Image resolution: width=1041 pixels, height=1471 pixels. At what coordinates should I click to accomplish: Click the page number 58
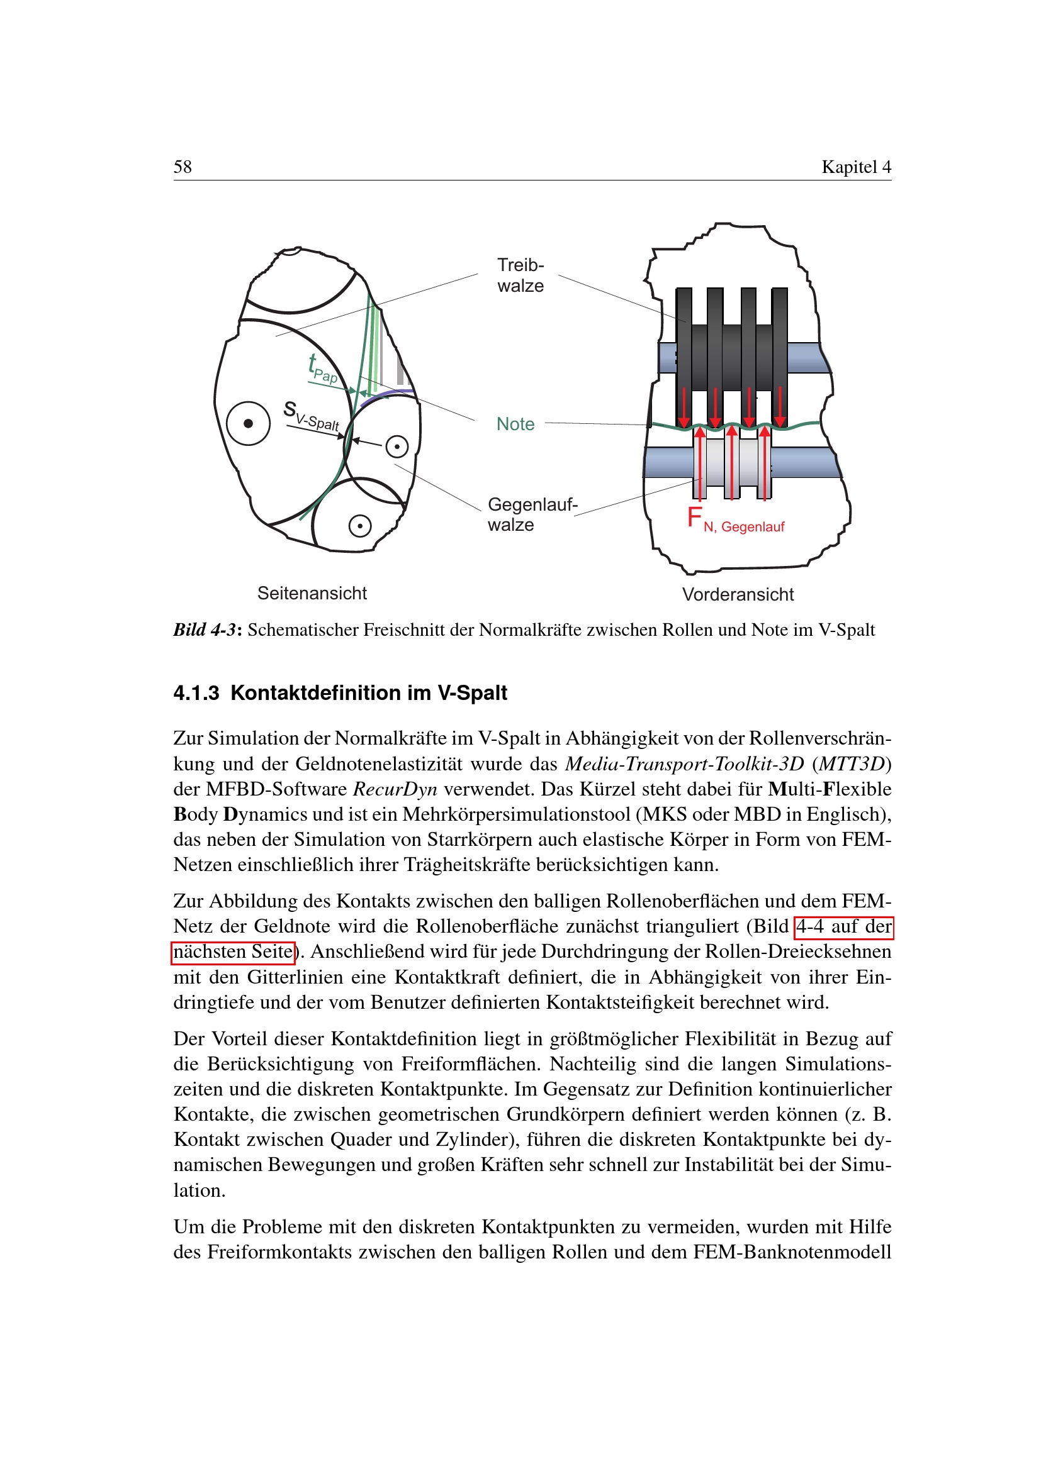pyautogui.click(x=183, y=167)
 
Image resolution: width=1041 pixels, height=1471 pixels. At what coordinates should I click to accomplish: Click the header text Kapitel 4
pyautogui.click(x=856, y=167)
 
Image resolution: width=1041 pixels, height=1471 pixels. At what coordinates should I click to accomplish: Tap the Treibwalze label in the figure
pyautogui.click(x=520, y=275)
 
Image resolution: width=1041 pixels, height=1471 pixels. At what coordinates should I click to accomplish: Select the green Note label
pyautogui.click(x=515, y=424)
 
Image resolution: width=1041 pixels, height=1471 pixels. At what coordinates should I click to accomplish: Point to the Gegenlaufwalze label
pyautogui.click(x=531, y=514)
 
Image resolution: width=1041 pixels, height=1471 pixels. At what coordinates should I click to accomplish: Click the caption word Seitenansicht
pyautogui.click(x=312, y=593)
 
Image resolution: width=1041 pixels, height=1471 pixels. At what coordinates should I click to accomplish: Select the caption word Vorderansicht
pyautogui.click(x=738, y=594)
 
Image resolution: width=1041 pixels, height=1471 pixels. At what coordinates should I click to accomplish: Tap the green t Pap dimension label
pyautogui.click(x=322, y=369)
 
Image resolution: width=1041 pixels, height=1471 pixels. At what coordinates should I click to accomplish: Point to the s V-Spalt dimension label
pyautogui.click(x=311, y=416)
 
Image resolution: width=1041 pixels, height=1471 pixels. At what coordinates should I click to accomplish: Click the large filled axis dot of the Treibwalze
pyautogui.click(x=248, y=423)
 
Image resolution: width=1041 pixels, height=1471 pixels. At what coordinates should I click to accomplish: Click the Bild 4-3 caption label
pyautogui.click(x=207, y=630)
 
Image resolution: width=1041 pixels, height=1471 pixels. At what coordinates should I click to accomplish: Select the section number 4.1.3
pyautogui.click(x=196, y=693)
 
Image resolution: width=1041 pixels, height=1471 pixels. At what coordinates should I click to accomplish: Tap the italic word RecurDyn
pyautogui.click(x=395, y=789)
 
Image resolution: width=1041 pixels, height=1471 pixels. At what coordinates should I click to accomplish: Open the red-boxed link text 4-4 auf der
pyautogui.click(x=843, y=927)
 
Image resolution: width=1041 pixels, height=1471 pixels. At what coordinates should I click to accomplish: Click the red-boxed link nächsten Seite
pyautogui.click(x=234, y=952)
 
